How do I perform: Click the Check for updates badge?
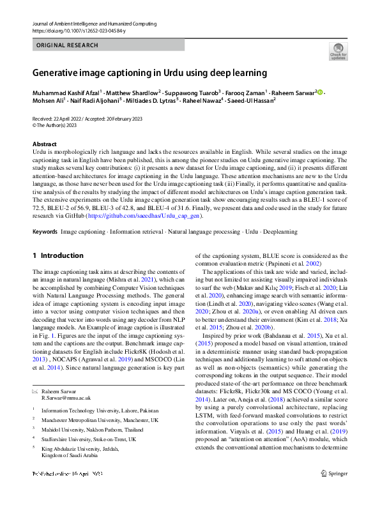338,50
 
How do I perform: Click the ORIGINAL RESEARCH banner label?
68,45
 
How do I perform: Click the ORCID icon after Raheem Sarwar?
320,93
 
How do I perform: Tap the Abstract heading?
44,144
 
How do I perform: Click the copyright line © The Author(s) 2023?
60,125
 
